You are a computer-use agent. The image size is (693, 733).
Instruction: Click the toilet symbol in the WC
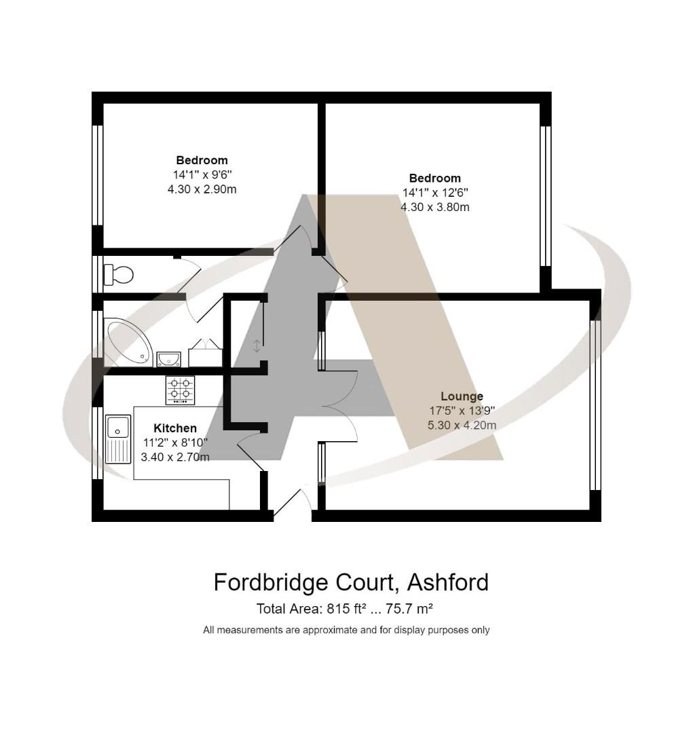[119, 275]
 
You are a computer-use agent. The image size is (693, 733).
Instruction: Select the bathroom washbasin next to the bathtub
[168, 358]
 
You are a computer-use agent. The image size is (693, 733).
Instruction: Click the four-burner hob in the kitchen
[180, 390]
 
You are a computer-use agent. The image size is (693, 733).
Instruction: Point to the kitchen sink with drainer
[118, 438]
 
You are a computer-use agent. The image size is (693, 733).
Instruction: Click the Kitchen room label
[175, 428]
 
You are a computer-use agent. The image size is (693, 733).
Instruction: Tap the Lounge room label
[462, 396]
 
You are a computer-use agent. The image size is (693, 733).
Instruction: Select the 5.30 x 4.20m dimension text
[462, 426]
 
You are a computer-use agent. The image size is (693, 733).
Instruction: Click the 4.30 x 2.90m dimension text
[202, 189]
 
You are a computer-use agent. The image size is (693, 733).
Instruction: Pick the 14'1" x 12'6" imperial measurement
[435, 193]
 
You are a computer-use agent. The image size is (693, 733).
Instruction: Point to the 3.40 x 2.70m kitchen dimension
[175, 457]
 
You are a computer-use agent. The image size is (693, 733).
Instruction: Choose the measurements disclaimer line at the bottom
[346, 630]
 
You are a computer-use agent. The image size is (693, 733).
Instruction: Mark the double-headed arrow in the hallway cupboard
[256, 346]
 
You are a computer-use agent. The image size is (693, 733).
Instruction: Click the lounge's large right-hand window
[595, 405]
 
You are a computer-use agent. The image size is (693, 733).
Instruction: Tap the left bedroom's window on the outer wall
[97, 175]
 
